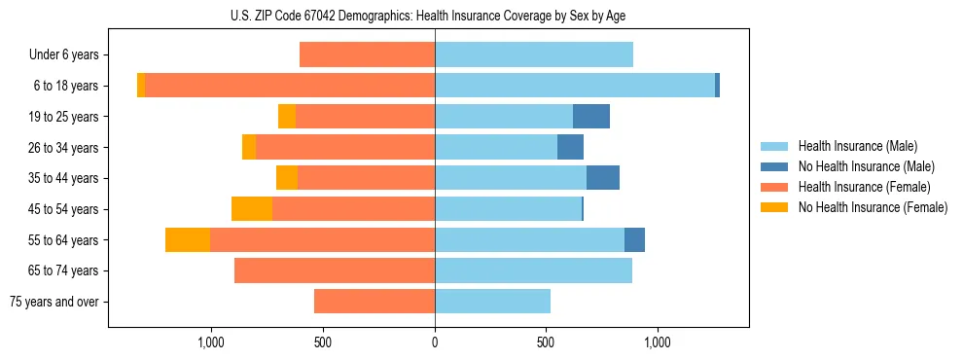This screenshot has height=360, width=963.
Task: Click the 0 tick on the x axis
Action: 435,343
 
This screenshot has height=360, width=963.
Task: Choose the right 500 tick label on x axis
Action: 546,343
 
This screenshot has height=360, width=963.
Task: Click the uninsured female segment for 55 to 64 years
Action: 188,239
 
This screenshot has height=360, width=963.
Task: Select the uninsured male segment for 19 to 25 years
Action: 591,117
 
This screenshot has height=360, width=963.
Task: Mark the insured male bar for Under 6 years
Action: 534,55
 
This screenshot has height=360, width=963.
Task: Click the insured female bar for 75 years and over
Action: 374,302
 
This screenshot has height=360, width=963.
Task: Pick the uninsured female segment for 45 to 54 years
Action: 252,209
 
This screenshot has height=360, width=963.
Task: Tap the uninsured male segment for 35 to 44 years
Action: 603,178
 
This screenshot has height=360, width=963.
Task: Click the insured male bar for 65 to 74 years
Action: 533,270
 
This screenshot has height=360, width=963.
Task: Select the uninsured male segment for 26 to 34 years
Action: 570,148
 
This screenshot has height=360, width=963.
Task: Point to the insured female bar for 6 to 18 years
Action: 290,86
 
